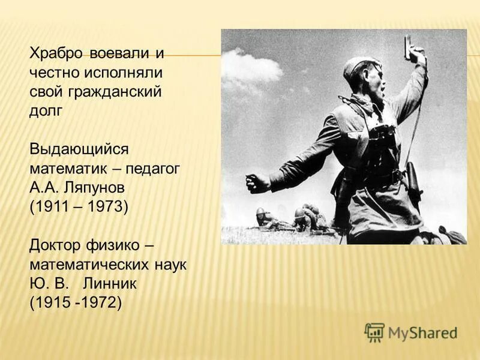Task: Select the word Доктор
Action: pyautogui.click(x=56, y=245)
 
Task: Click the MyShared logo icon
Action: pyautogui.click(x=374, y=332)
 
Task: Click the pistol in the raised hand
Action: pyautogui.click(x=409, y=49)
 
